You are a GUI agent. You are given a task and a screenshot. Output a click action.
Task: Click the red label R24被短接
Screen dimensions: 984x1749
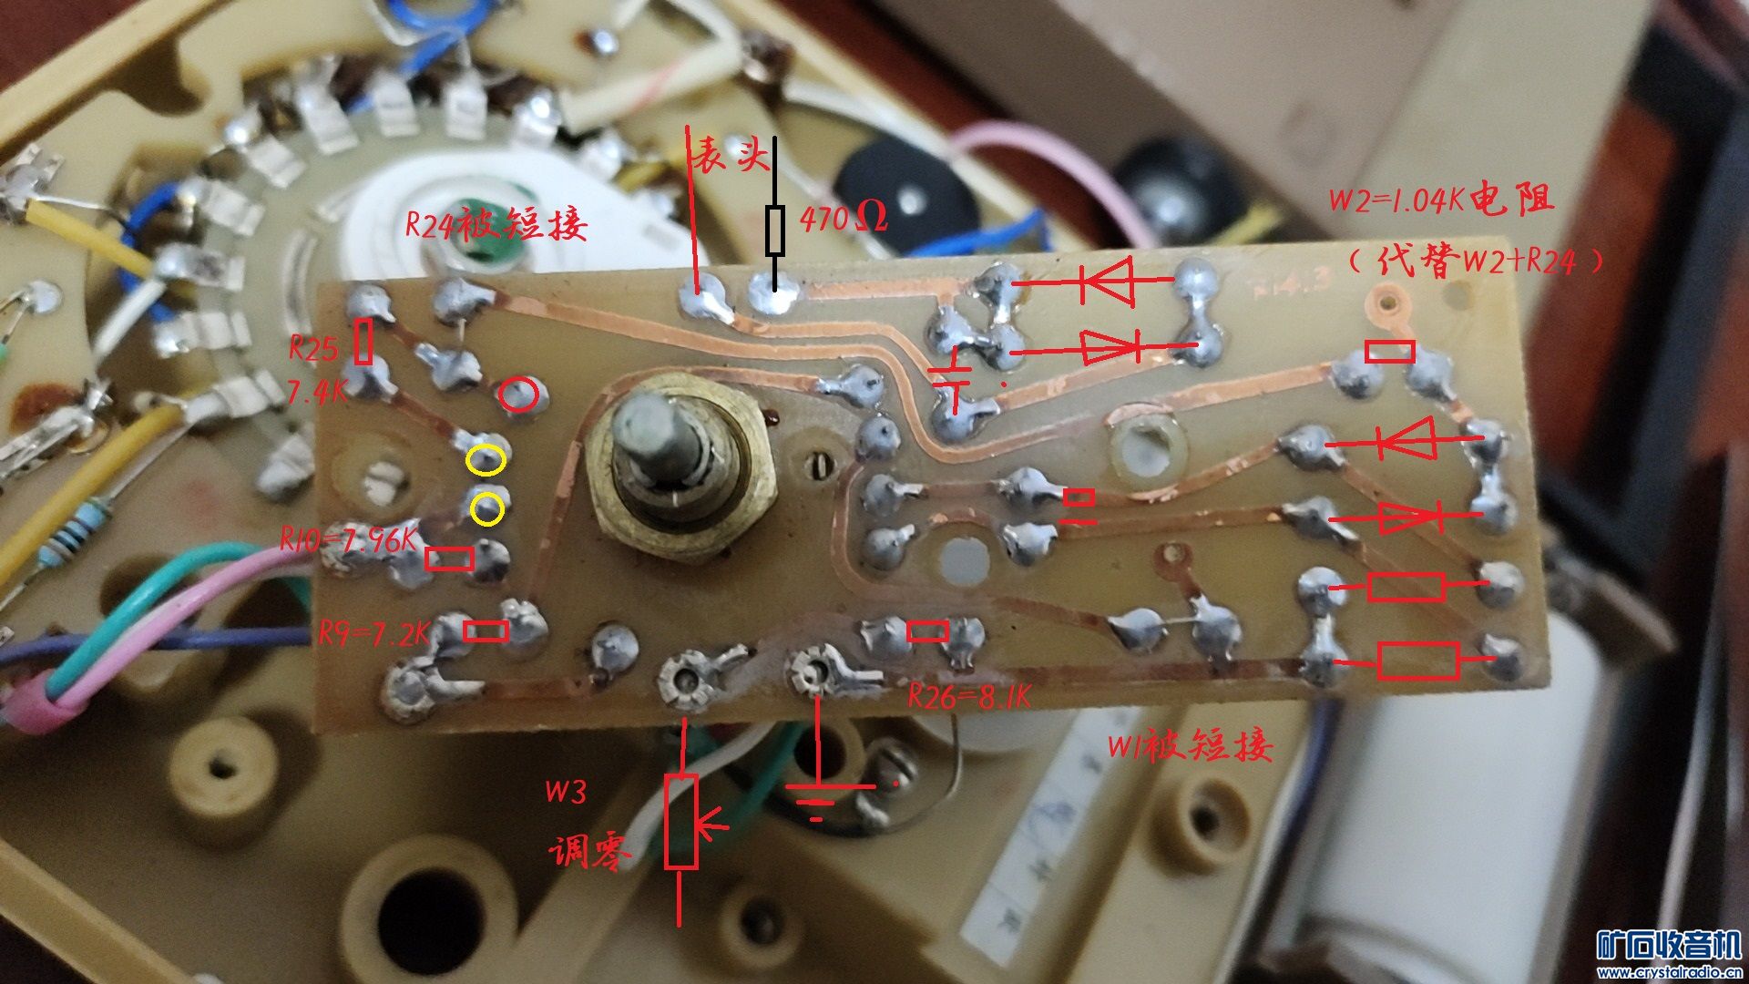(496, 223)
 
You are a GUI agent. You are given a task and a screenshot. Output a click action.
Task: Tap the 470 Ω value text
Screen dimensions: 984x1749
(843, 218)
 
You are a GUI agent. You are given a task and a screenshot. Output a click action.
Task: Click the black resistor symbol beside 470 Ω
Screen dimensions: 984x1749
(775, 230)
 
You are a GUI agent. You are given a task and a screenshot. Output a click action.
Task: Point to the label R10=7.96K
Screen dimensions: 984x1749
(347, 540)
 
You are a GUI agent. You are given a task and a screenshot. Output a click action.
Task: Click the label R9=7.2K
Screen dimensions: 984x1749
(373, 632)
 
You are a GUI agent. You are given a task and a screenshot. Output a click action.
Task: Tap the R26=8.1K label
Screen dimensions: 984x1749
(969, 697)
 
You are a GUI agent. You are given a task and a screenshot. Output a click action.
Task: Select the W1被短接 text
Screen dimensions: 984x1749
(1189, 746)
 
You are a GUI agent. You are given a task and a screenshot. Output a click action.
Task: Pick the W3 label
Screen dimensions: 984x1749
(565, 791)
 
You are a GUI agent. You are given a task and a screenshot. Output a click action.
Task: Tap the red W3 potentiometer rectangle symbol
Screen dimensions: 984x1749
(680, 821)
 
